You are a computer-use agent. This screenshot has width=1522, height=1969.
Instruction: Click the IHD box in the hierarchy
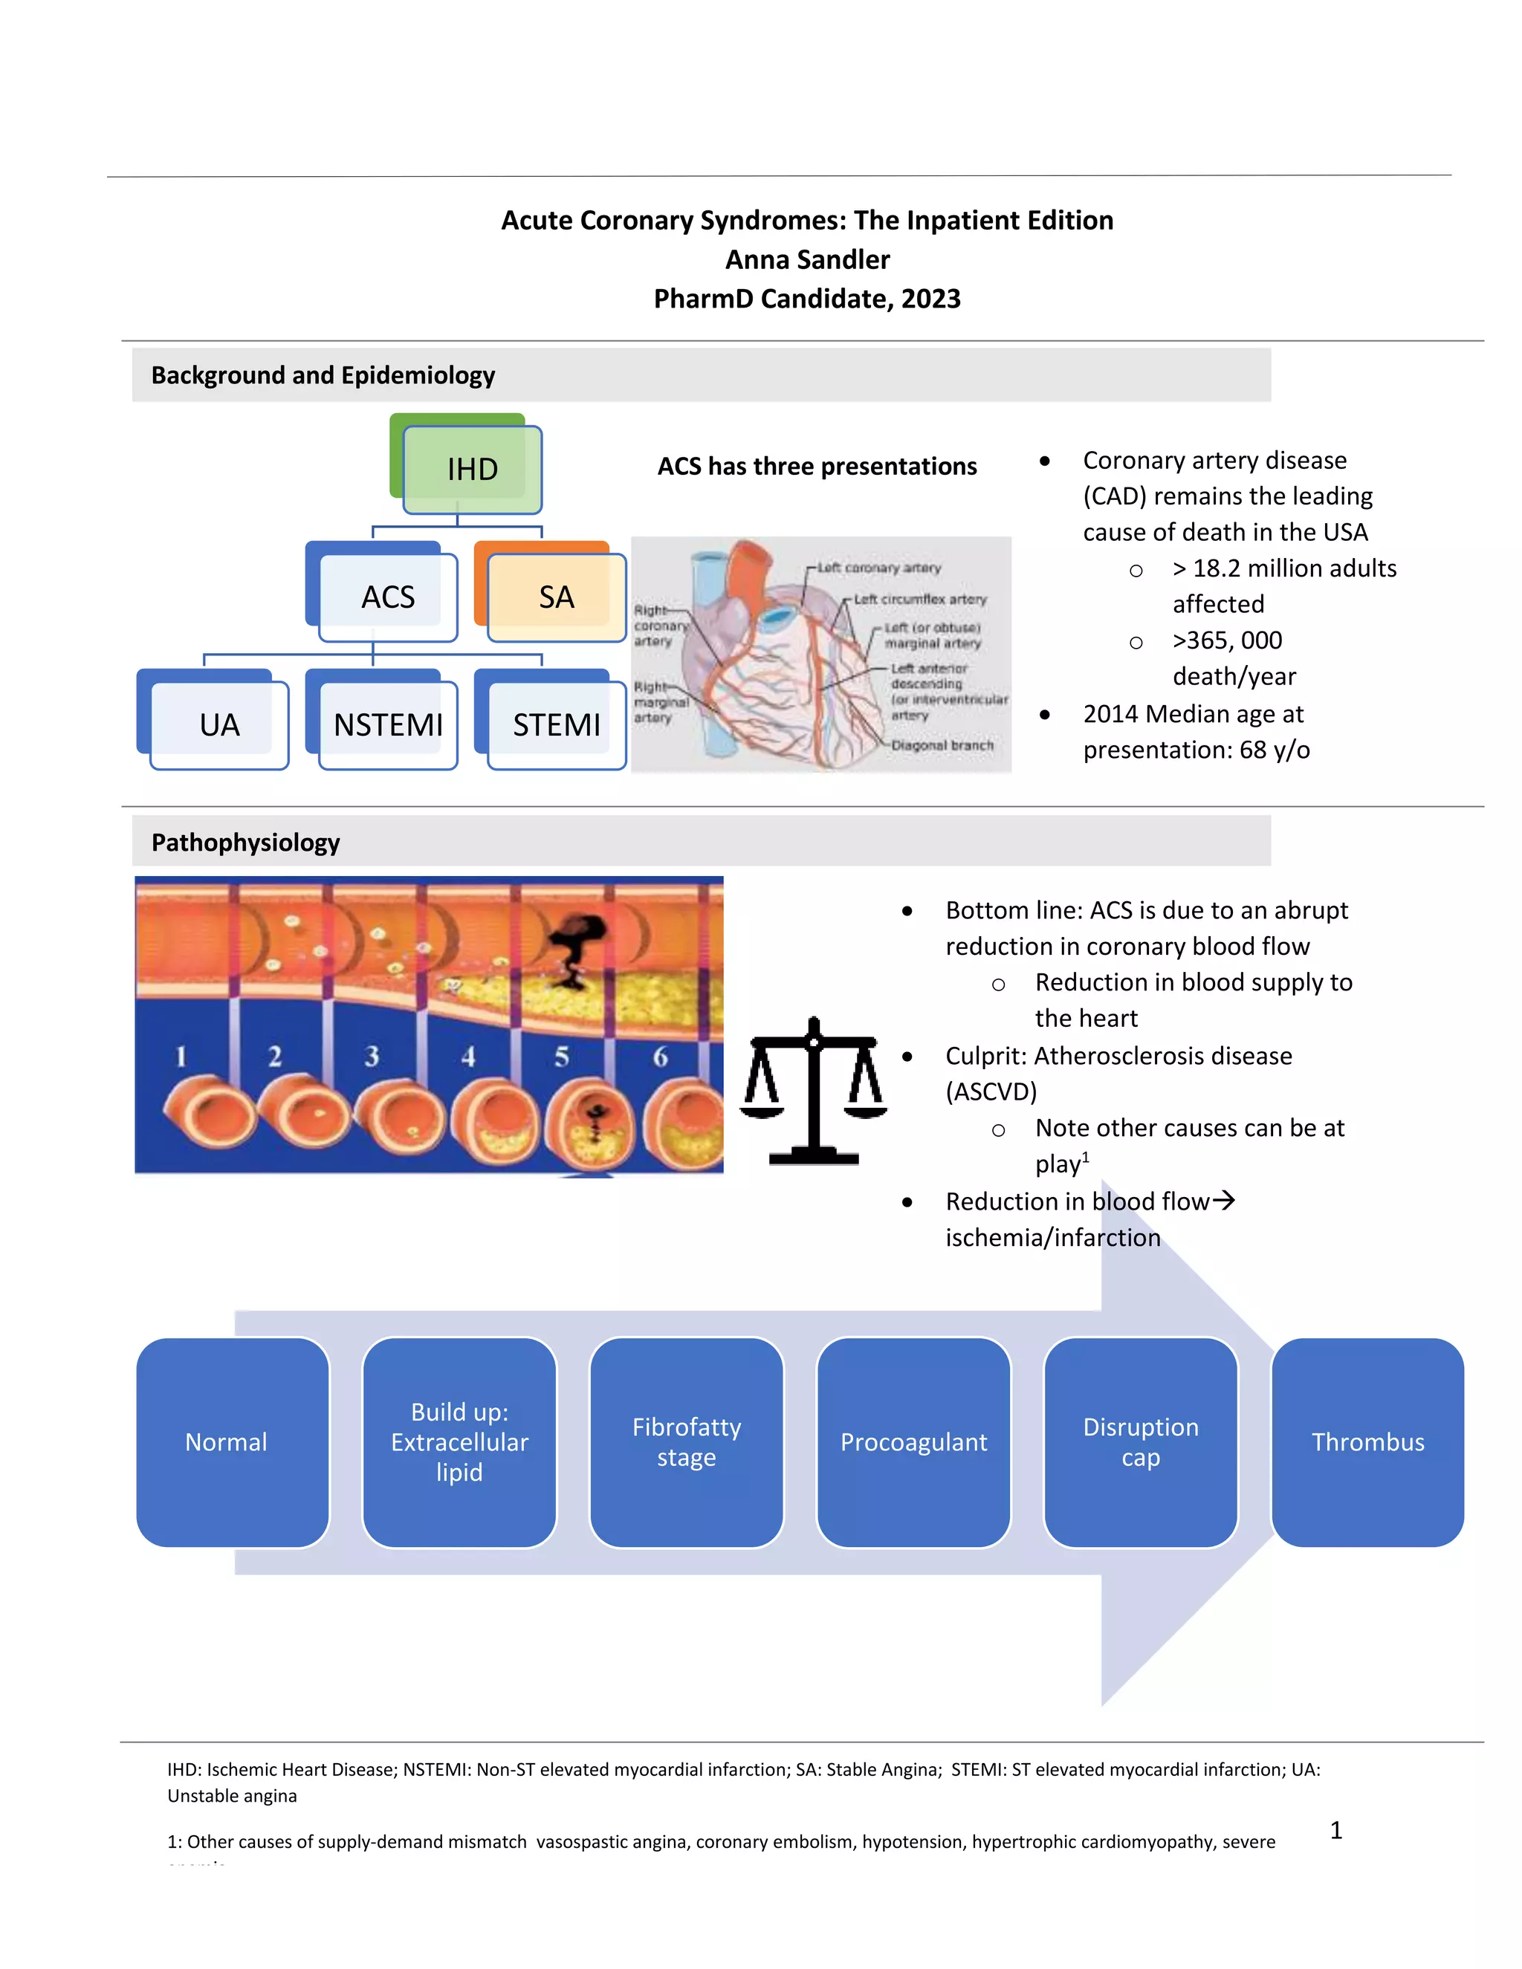click(472, 469)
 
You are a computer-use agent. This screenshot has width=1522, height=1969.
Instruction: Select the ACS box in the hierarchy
click(388, 597)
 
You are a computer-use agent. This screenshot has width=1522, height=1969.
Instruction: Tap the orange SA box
click(557, 597)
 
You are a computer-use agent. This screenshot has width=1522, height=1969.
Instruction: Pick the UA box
click(219, 725)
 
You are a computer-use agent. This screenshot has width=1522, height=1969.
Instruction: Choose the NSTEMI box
click(388, 725)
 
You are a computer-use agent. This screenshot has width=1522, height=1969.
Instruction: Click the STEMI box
click(557, 725)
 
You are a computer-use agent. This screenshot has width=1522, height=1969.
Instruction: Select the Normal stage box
click(227, 1442)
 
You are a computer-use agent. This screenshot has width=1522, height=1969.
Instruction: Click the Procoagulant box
click(913, 1442)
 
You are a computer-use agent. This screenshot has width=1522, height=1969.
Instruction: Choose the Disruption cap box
click(1141, 1442)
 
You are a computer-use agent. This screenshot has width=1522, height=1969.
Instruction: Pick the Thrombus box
click(1368, 1442)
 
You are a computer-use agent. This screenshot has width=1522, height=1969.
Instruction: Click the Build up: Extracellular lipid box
click(459, 1442)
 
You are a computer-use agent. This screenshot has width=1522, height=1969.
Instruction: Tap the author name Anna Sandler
click(807, 259)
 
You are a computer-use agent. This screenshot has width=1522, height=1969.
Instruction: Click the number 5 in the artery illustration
click(562, 1056)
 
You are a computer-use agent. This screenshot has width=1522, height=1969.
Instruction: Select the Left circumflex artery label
click(920, 600)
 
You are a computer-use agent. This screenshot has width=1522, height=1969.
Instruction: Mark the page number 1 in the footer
click(1336, 1829)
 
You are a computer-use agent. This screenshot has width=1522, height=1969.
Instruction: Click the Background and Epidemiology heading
click(323, 375)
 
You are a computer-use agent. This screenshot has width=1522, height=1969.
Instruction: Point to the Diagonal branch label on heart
click(942, 745)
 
